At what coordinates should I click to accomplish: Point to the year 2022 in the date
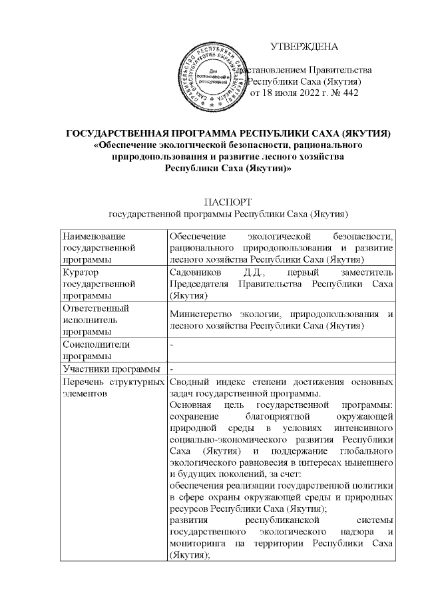[x=302, y=93]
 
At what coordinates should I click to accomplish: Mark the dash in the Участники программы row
[x=172, y=369]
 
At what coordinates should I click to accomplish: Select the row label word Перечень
[x=83, y=382]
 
